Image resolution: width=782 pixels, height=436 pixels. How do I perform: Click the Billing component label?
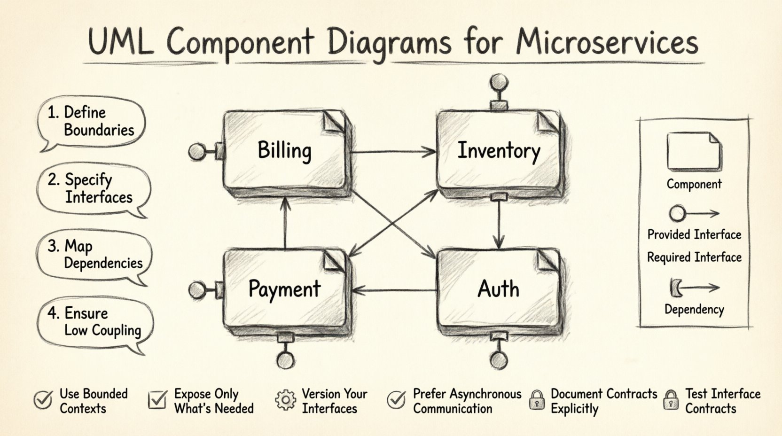coord(284,151)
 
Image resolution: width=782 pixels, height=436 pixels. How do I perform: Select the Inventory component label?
coord(499,151)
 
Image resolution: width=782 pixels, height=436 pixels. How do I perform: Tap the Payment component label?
coord(284,288)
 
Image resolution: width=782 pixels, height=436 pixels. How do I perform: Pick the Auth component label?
coord(498,288)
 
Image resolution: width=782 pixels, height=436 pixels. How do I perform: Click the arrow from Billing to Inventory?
coord(394,152)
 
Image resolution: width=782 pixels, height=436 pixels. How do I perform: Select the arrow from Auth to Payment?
coord(394,290)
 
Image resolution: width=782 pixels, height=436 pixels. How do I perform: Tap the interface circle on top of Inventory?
coord(499,83)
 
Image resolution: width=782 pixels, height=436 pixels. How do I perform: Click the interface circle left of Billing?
coord(197,151)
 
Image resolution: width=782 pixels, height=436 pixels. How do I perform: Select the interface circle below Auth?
coord(499,360)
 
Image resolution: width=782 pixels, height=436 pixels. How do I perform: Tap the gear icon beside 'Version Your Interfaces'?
coord(285,400)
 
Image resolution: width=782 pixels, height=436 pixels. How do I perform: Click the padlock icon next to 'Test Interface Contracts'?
coord(671,400)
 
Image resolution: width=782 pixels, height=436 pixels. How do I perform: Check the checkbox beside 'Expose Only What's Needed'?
coord(157,400)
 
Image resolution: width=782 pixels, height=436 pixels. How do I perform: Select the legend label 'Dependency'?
coord(694,310)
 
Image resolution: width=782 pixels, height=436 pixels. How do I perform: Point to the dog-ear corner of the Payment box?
coord(334,260)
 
